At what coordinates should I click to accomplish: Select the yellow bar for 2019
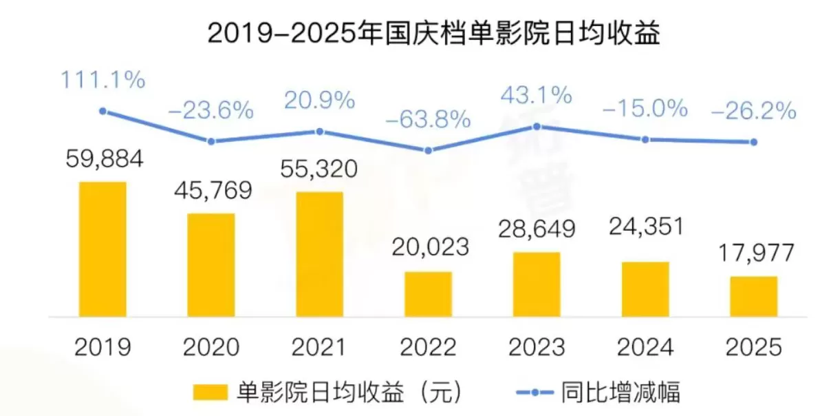pos(102,249)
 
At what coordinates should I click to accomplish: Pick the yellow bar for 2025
pos(754,296)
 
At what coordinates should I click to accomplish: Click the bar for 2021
pos(319,253)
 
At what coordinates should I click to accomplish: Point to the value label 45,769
pos(211,190)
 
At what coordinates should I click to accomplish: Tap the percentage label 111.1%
pos(102,80)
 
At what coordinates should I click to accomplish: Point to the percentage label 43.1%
pos(537,95)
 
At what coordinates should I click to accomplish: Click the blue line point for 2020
pos(211,141)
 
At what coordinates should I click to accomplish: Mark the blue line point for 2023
pos(537,126)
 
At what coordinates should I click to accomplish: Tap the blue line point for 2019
pos(102,111)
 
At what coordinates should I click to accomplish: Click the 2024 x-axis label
pos(645,346)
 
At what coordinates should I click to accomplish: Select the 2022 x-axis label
pos(428,346)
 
